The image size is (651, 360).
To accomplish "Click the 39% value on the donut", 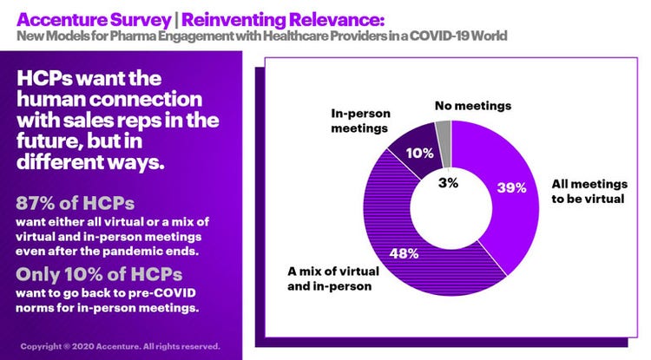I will [x=511, y=187].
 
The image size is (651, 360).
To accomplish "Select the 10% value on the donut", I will [x=420, y=153].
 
